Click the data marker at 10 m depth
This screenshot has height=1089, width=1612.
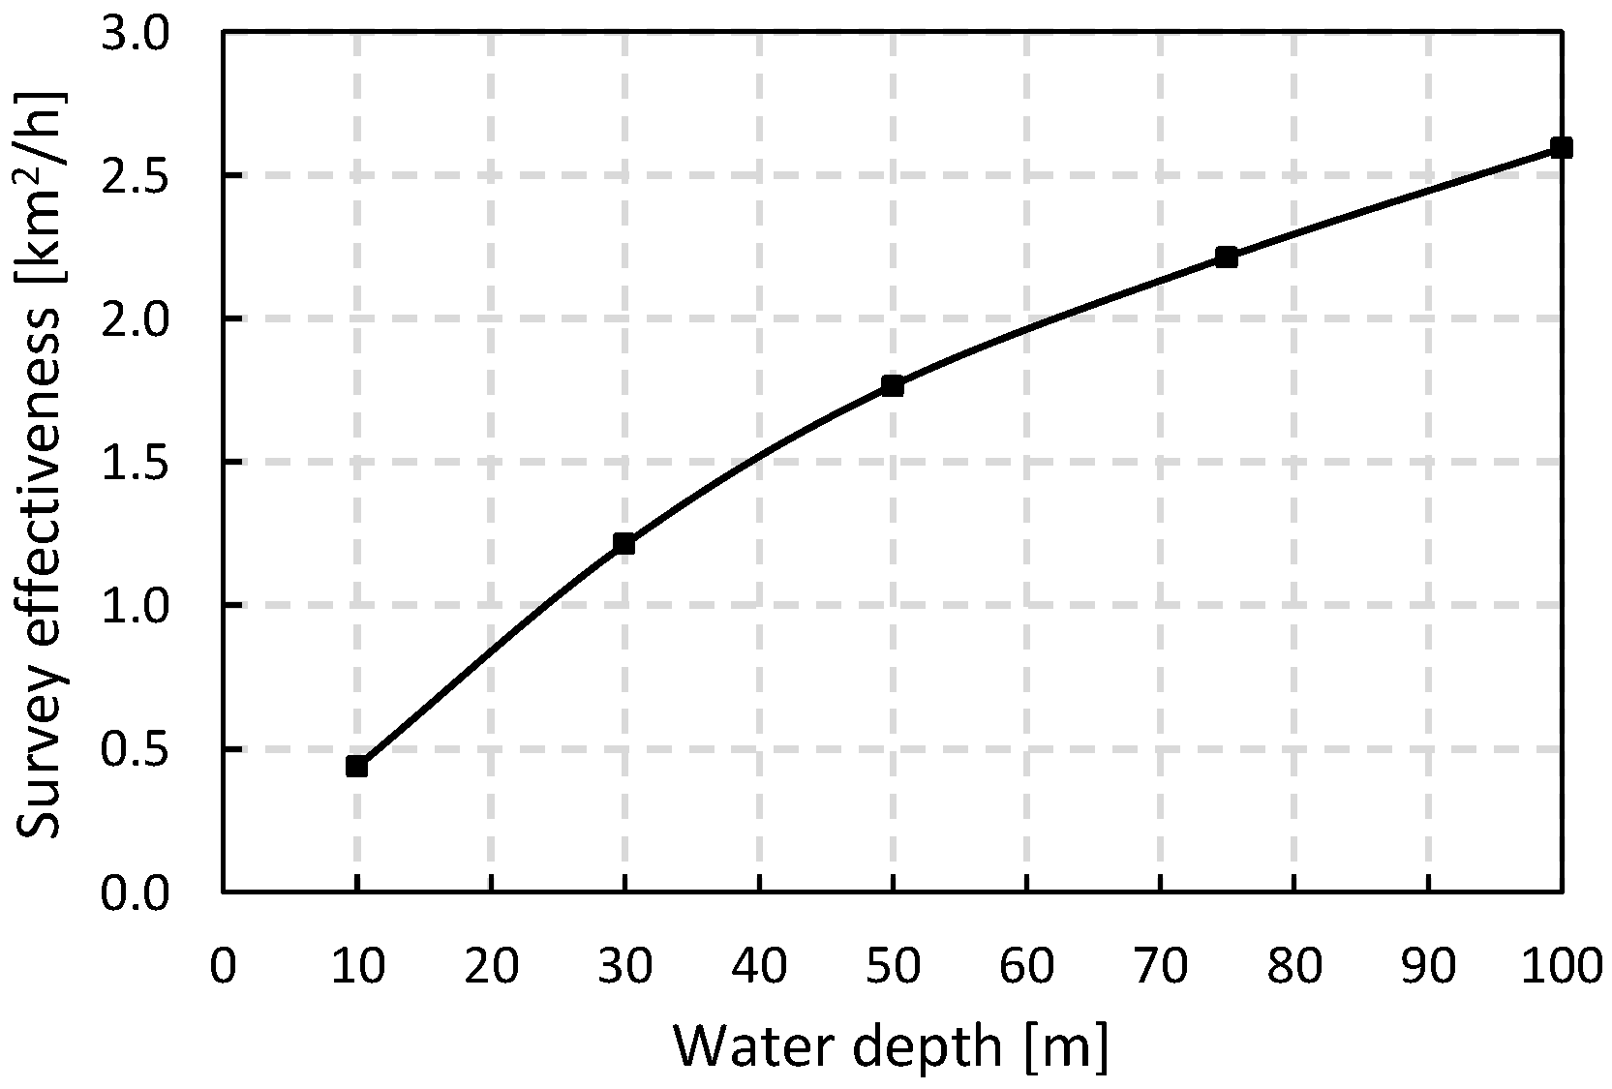tap(356, 767)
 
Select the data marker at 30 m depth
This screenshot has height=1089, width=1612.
tap(624, 544)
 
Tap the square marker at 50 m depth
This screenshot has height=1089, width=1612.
tap(893, 386)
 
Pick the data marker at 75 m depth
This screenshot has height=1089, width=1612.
tap(1227, 257)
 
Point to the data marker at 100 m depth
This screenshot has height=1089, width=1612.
tap(1561, 148)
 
